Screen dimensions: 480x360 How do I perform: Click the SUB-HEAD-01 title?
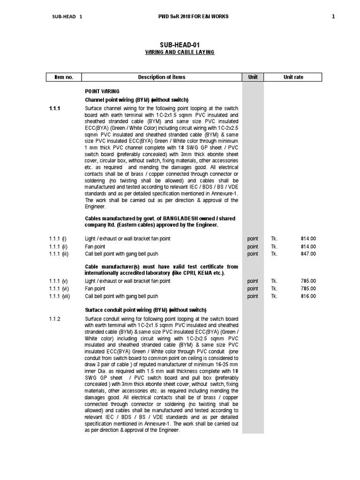(180, 45)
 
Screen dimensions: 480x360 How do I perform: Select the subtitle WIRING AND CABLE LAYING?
(180, 52)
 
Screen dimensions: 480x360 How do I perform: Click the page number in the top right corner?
(333, 17)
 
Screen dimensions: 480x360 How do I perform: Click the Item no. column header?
(63, 77)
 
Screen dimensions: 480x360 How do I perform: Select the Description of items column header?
(161, 77)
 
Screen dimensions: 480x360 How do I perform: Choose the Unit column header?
(253, 77)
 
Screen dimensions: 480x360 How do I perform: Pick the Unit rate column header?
(293, 77)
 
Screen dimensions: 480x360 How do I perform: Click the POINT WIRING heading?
(102, 91)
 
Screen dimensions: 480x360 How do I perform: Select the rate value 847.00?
(308, 254)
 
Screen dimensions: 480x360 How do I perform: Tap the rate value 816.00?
(308, 296)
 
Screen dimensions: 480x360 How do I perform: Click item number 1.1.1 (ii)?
(59, 247)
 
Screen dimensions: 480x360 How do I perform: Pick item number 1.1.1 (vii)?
(60, 296)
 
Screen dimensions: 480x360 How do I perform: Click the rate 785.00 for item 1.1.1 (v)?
(308, 281)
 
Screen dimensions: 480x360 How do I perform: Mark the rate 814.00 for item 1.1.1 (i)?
(308, 239)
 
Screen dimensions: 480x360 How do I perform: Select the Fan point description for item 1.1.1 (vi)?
(95, 289)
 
